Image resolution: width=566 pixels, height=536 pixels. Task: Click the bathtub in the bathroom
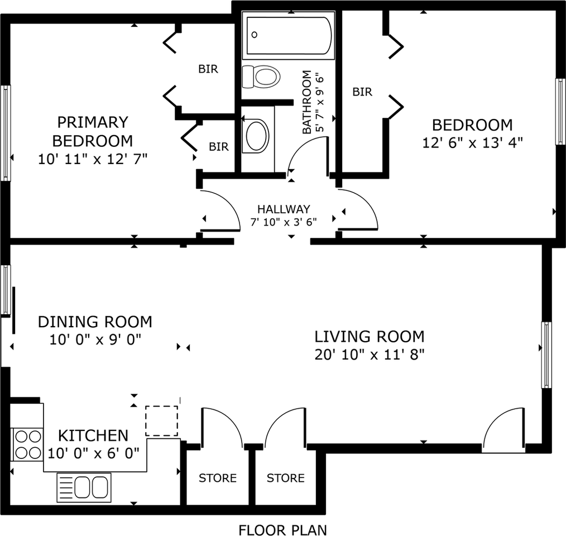coord(288,36)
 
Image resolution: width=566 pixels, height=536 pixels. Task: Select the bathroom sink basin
coord(257,135)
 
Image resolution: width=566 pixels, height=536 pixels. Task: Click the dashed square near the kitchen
coord(162,421)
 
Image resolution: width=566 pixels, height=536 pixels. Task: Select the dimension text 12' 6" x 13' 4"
coord(472,142)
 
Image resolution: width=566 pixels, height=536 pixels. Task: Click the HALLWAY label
coord(284,209)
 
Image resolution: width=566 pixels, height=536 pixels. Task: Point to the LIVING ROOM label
coord(370,337)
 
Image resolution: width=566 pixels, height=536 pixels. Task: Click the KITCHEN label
coord(93,435)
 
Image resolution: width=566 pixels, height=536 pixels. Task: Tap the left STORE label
coord(218,478)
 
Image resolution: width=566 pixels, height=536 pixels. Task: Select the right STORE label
coord(285,478)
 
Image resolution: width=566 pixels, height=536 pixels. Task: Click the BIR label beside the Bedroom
coord(362,92)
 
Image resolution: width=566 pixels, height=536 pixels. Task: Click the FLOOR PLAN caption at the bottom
coord(282,529)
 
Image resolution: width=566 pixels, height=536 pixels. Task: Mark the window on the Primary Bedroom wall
coord(6,132)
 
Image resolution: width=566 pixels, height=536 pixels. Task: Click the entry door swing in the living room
coord(503,430)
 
